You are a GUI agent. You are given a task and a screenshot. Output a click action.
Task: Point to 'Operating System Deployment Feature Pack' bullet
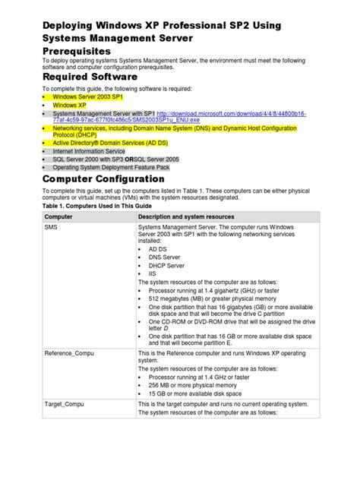[109, 168]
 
